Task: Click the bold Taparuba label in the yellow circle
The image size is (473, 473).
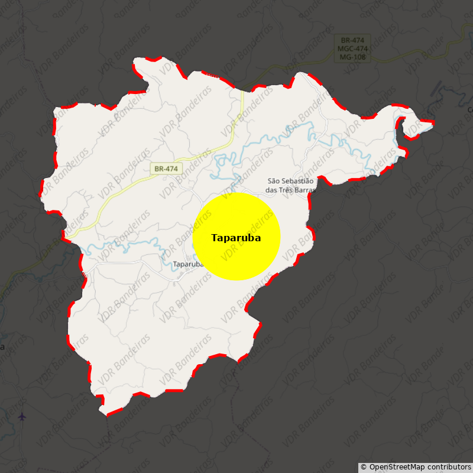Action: coord(236,238)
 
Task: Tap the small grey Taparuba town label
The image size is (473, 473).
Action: coord(187,264)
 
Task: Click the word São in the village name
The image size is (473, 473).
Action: coord(273,181)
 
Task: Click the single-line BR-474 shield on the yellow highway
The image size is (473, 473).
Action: coord(166,169)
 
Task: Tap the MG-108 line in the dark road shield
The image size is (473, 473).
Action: coord(353,57)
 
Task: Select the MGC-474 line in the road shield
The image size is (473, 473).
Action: coord(353,48)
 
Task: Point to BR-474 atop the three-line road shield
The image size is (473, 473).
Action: coord(353,40)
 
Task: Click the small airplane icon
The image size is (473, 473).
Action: coord(22,417)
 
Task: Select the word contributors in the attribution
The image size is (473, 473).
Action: coord(450,467)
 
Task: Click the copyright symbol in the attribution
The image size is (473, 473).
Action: coord(364,467)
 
